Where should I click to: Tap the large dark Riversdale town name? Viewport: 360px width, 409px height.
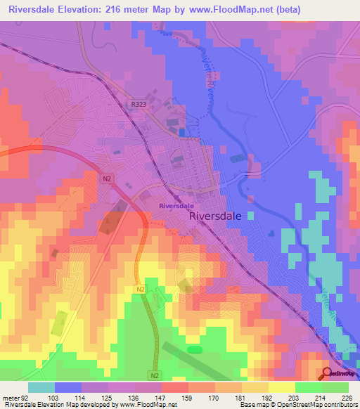pos(217,217)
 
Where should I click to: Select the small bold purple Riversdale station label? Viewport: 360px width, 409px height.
pos(176,205)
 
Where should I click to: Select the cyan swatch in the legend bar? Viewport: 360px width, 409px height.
pos(41,387)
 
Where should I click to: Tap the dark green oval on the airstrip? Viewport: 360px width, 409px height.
pos(195,349)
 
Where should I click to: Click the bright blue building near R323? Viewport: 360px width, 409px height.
pos(182,131)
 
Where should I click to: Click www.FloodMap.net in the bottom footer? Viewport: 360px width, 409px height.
pos(147,405)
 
